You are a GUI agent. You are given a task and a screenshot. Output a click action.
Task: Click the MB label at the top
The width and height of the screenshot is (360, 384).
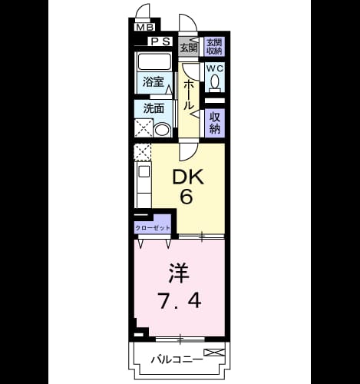point(145,27)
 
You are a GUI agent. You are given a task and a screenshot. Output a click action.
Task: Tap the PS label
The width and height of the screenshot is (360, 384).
point(160,41)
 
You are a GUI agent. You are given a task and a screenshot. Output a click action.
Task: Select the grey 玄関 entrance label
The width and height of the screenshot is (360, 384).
point(190,48)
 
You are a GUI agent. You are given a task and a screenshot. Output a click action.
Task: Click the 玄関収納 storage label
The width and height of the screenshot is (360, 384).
point(214,46)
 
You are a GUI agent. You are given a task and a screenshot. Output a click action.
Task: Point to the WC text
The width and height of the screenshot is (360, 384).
point(215,68)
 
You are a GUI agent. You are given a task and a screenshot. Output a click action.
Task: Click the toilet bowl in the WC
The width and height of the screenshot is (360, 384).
point(215,82)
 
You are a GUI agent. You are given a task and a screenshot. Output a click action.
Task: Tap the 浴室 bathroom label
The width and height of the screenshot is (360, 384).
point(153,81)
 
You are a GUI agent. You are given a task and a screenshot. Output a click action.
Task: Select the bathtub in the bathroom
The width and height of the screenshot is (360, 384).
point(154,61)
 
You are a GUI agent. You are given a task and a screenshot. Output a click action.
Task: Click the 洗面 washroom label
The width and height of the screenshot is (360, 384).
point(154,109)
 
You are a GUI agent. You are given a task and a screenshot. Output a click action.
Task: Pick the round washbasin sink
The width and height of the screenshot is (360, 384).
point(162,130)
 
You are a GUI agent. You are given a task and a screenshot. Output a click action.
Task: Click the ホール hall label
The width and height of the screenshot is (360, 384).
point(189,95)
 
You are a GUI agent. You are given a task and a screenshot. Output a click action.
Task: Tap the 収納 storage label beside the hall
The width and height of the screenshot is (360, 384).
point(215,123)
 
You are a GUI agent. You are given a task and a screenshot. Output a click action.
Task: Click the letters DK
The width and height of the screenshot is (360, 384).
point(188,177)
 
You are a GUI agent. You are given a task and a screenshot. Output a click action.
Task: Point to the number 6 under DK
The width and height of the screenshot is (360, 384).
point(187,197)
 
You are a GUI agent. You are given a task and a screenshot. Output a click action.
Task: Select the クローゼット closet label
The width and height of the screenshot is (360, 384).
point(153,228)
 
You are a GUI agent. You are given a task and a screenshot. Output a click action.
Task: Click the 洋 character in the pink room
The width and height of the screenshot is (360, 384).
point(179,273)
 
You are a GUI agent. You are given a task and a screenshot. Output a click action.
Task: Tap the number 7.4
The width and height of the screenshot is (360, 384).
point(180,300)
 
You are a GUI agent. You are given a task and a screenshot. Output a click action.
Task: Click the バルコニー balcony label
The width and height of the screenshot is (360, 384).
point(177,359)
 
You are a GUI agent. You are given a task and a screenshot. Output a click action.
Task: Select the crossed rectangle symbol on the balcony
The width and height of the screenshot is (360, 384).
point(214,353)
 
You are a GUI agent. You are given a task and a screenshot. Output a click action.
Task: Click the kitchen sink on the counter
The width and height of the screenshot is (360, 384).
point(144,171)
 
